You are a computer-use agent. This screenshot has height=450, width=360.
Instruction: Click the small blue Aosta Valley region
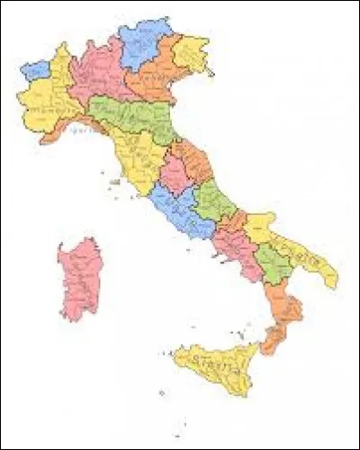36,69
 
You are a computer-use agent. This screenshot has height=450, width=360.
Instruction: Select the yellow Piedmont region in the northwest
45,99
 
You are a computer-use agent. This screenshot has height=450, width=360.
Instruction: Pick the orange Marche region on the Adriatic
193,162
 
